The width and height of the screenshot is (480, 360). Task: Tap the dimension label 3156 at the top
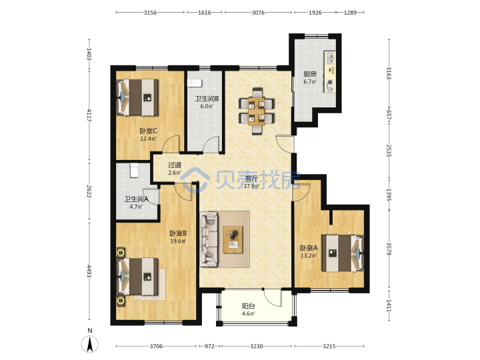click(150, 13)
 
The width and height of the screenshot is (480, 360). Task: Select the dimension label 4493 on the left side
click(89, 271)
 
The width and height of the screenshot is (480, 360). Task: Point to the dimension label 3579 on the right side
click(389, 249)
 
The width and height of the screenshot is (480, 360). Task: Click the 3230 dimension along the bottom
click(256, 346)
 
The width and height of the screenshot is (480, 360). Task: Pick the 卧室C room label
click(148, 131)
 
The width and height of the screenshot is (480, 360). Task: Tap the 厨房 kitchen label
click(310, 74)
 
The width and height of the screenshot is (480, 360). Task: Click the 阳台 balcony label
click(248, 306)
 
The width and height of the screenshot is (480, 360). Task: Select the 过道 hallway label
click(175, 165)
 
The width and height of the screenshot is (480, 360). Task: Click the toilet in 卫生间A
click(135, 170)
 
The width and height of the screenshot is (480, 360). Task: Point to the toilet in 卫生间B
click(195, 83)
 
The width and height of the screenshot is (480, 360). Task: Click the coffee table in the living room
click(233, 240)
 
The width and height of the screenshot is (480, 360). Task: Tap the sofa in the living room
click(209, 239)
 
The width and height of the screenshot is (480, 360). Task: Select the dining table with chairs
click(257, 111)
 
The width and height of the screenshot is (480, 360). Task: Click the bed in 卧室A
click(343, 253)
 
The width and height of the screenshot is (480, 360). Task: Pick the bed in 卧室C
click(137, 97)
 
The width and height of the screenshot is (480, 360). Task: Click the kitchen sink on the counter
click(330, 57)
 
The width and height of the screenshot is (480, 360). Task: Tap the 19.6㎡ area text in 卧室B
click(178, 241)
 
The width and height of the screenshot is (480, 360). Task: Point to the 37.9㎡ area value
click(251, 186)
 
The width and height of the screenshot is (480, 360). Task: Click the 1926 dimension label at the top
click(315, 13)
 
